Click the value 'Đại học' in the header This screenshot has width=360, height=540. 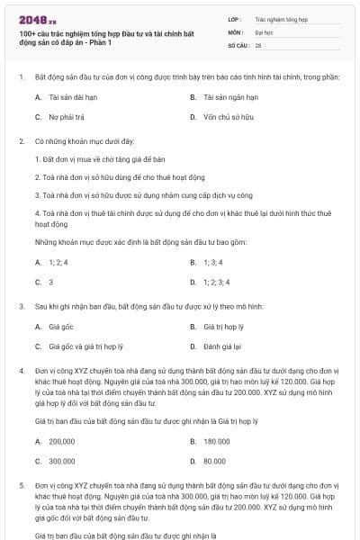[263, 31]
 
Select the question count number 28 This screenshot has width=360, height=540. [258, 44]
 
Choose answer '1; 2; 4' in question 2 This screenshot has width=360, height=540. [58, 262]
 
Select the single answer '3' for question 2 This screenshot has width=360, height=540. [51, 283]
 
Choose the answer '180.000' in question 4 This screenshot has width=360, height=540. [217, 441]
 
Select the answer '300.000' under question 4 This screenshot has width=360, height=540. [62, 462]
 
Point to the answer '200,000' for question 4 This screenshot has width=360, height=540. [62, 441]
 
